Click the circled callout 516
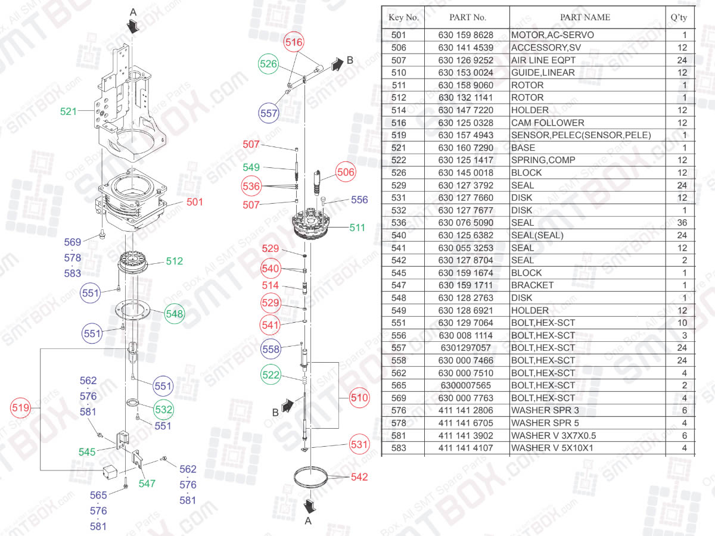point(294,42)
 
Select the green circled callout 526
point(269,64)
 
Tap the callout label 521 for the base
point(69,111)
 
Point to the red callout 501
point(194,202)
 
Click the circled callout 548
point(175,313)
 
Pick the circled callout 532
point(164,409)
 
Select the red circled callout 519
point(21,408)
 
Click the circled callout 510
point(359,397)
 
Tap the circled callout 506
point(346,173)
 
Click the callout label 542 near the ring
point(359,476)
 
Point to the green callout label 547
point(147,484)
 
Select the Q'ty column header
point(679,17)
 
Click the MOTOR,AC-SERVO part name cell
point(552,35)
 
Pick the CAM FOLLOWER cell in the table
point(548,123)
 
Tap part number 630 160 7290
point(466,148)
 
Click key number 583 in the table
point(399,448)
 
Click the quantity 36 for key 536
point(682,223)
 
